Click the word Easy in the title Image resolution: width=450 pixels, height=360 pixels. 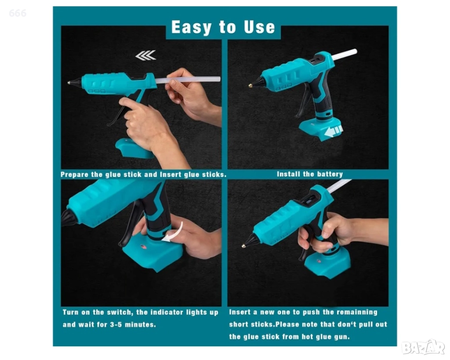[x=191, y=27]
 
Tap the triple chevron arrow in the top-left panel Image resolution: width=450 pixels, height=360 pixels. [x=146, y=55]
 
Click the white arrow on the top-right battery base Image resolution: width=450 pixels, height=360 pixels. [x=334, y=131]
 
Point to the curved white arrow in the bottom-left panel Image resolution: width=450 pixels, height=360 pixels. [x=174, y=233]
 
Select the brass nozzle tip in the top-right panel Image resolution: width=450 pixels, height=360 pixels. [x=250, y=85]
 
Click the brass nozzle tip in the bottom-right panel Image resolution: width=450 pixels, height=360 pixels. [x=243, y=245]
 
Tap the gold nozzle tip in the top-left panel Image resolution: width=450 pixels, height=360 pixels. [x=69, y=83]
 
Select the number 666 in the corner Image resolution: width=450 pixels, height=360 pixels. [x=18, y=13]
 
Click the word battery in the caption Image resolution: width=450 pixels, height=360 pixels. [x=330, y=174]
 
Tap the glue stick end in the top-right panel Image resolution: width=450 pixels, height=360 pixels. [x=355, y=52]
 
